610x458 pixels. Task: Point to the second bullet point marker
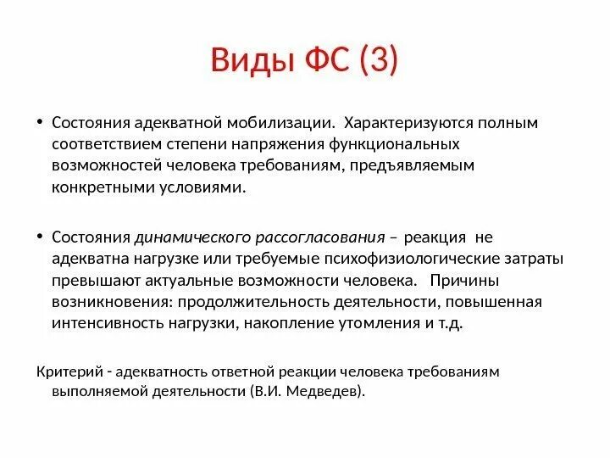(x=41, y=237)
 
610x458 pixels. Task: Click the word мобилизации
(x=289, y=123)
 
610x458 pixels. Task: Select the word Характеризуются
(x=408, y=123)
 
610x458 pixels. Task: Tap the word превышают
(x=89, y=281)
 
